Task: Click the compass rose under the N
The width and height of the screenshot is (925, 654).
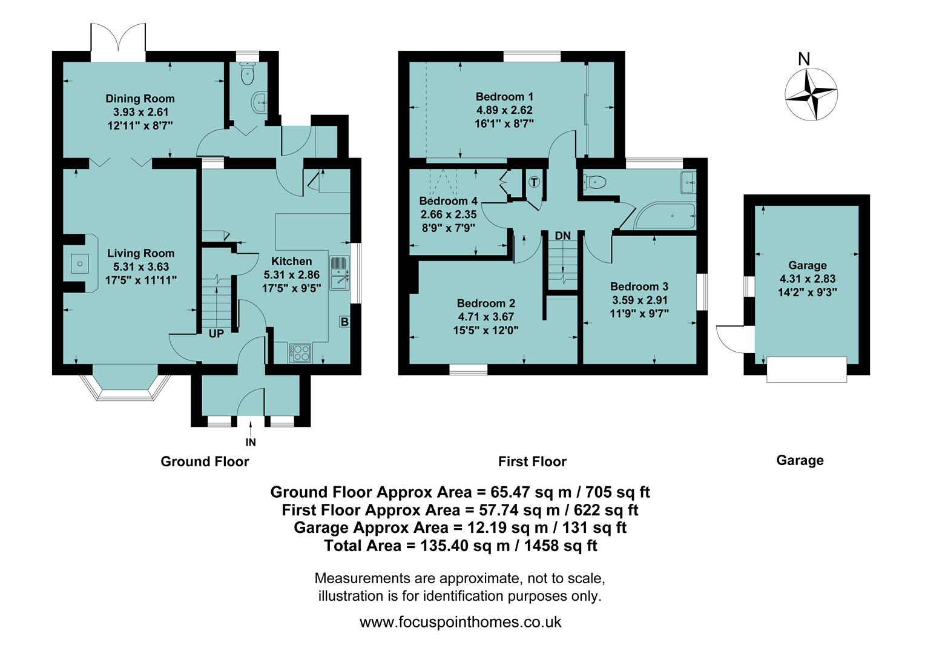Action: point(811,94)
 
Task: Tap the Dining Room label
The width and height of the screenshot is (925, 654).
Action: point(140,99)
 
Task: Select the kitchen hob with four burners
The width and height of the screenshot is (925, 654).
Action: point(301,352)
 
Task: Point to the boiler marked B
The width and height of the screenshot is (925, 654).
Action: point(344,322)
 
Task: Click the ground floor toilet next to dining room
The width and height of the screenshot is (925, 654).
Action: point(247,75)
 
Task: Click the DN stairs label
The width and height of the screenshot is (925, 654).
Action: point(562,236)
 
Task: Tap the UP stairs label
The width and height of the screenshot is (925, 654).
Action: point(216,334)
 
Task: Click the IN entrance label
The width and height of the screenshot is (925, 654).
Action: point(251,443)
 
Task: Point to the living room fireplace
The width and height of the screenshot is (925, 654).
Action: point(80,263)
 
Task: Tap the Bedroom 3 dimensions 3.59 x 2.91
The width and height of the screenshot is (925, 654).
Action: point(639,300)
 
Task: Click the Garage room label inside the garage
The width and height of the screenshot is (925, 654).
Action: point(807,265)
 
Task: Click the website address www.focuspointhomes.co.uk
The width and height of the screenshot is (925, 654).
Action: point(460,622)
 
